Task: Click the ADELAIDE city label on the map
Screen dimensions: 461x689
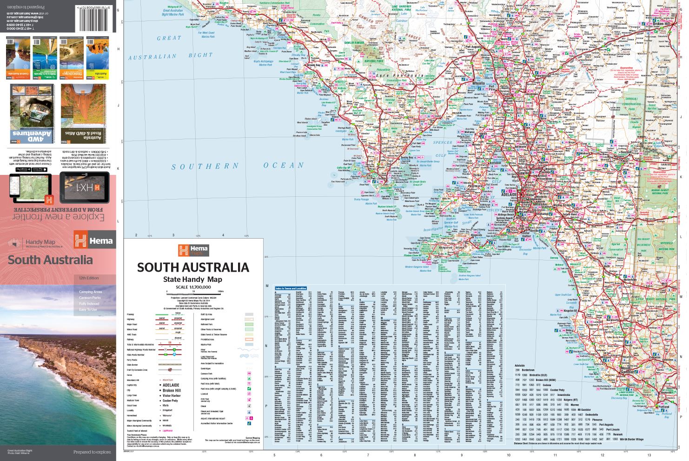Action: point(515,192)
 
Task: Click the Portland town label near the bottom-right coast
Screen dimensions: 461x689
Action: point(664,407)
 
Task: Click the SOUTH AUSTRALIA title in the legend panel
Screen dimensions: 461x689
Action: point(193,267)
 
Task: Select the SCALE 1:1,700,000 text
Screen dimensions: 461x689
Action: point(193,287)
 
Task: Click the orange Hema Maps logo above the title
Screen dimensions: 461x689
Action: point(193,251)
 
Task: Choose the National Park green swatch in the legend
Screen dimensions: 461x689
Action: point(248,324)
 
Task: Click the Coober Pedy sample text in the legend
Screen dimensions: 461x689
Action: point(170,401)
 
